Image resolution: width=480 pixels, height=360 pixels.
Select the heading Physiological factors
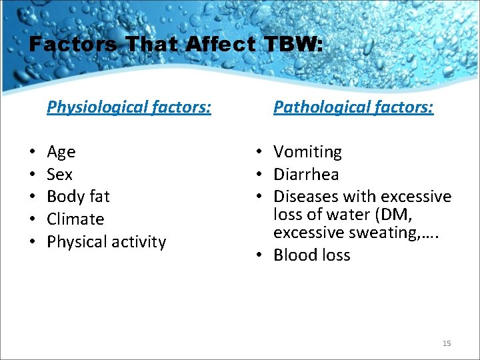[x=129, y=107]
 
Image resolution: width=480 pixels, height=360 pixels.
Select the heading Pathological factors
[x=353, y=107]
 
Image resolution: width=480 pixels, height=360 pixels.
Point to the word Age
[x=61, y=153]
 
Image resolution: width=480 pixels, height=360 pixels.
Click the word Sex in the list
[x=60, y=175]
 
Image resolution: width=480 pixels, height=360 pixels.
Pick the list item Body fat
[x=78, y=197]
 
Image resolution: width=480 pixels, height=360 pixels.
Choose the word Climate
[x=75, y=219]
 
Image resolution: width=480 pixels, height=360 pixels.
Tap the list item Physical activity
[x=106, y=242]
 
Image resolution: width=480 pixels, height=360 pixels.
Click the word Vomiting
[x=307, y=153]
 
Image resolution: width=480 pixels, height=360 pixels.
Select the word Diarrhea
[x=306, y=175]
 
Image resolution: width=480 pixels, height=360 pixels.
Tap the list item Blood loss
[x=311, y=255]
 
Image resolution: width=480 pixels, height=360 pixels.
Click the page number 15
[x=447, y=343]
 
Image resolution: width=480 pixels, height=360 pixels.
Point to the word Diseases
[x=305, y=197]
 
